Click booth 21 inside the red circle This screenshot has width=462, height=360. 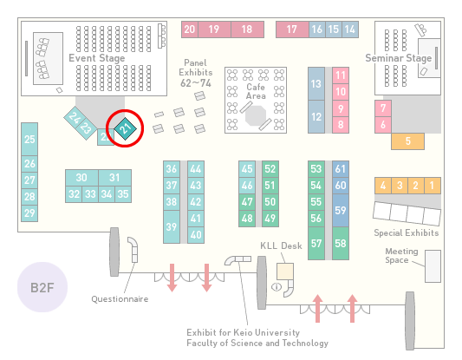[x=125, y=128]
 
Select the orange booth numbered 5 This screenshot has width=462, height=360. [x=407, y=141]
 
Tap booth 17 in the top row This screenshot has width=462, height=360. [x=292, y=29]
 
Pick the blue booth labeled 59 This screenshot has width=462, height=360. [x=341, y=210]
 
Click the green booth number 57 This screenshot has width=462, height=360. [x=316, y=243]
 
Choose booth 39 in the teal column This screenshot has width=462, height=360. [x=172, y=226]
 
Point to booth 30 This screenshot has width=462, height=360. [x=81, y=178]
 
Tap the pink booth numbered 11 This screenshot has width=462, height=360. [x=341, y=75]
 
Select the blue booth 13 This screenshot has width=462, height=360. [x=316, y=84]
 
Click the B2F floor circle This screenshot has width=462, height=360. [x=42, y=287]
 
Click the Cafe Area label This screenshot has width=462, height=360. [x=256, y=91]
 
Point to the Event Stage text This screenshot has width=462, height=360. [x=96, y=58]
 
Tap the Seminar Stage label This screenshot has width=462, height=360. [x=399, y=58]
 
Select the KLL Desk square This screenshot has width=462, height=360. [x=285, y=272]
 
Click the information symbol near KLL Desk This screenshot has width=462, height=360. [x=277, y=286]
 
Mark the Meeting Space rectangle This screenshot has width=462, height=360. [x=433, y=266]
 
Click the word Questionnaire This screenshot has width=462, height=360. [x=120, y=299]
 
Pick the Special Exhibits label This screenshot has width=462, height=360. [x=407, y=233]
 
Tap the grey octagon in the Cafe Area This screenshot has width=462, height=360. [x=256, y=116]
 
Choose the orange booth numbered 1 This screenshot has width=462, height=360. [x=433, y=186]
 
